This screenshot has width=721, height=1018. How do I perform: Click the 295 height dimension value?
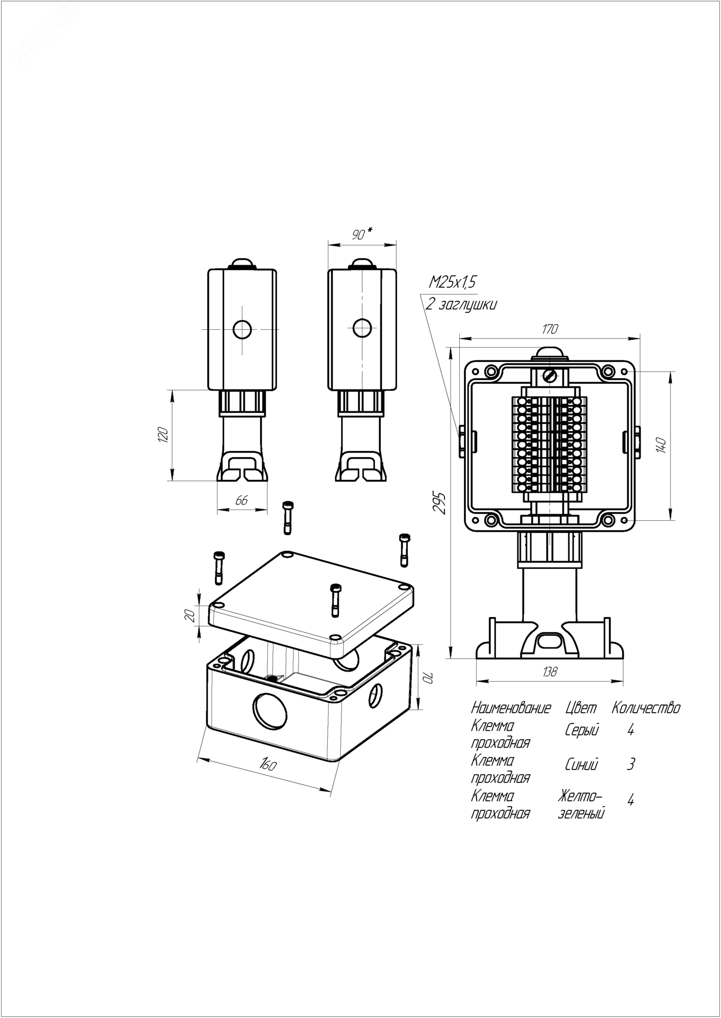point(441,502)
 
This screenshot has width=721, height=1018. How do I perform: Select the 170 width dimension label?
point(550,329)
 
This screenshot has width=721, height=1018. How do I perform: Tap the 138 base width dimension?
point(549,672)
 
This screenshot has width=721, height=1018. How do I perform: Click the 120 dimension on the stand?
point(162,435)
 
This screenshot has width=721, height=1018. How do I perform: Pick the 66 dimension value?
point(241,500)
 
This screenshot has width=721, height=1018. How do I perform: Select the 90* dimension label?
point(362,234)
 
